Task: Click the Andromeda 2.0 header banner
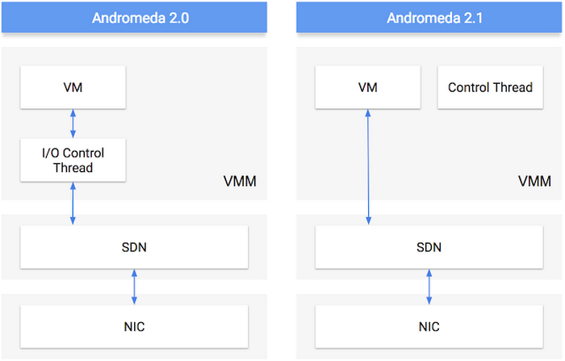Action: (x=134, y=17)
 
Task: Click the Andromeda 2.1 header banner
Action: (x=429, y=17)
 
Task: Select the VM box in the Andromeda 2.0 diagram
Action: (x=73, y=87)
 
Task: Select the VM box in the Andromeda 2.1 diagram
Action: (x=368, y=87)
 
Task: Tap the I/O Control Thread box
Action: (x=73, y=160)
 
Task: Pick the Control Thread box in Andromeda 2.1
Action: (x=490, y=87)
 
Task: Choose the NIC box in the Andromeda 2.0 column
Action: (x=134, y=326)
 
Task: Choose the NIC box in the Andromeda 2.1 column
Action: (x=429, y=326)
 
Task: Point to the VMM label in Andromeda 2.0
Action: (x=240, y=181)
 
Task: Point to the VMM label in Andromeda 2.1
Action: (x=534, y=181)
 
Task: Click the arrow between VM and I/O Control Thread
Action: (x=73, y=124)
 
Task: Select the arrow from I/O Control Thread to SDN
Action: (x=73, y=204)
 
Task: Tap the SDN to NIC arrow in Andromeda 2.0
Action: (x=134, y=288)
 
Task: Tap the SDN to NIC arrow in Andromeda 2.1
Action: (x=429, y=288)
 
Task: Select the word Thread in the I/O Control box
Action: (x=73, y=168)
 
